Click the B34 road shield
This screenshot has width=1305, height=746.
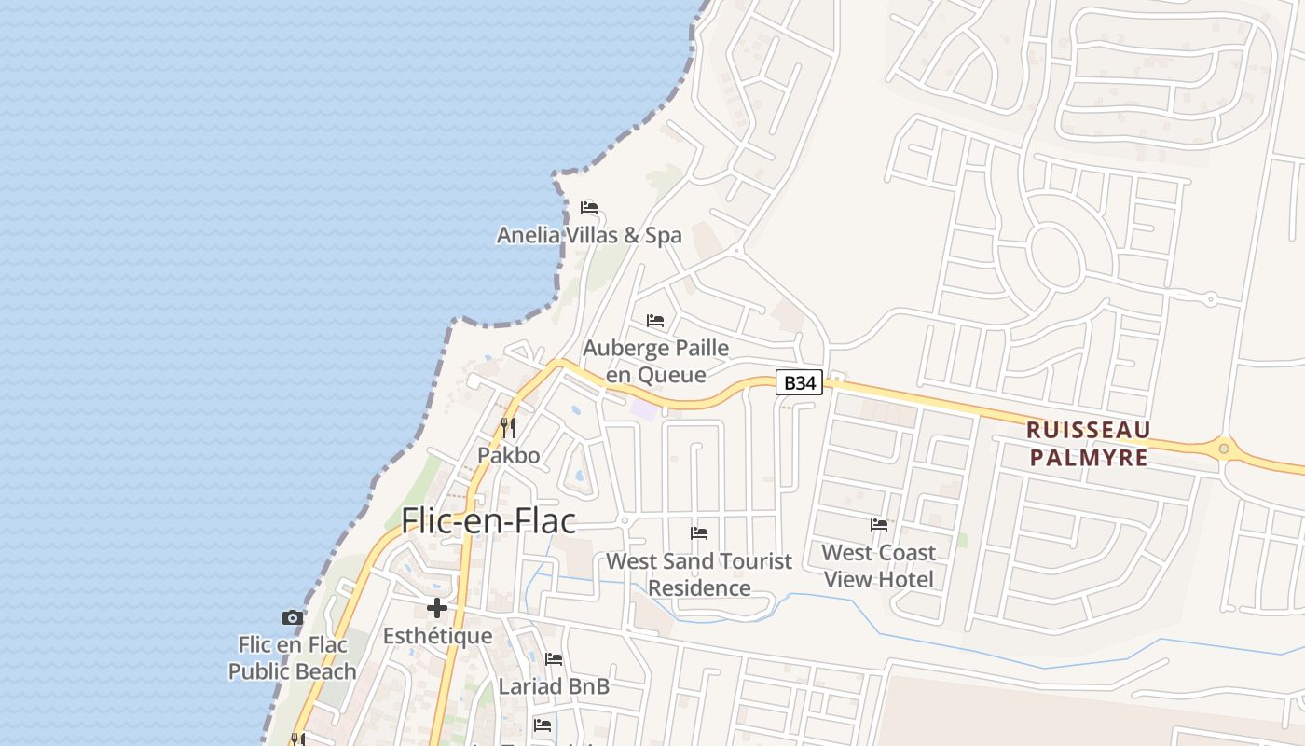[799, 382]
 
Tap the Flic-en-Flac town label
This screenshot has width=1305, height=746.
[488, 520]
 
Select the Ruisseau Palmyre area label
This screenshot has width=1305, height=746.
[1088, 444]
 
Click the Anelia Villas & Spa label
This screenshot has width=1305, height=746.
[589, 235]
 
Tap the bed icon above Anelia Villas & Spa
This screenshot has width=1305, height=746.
[589, 207]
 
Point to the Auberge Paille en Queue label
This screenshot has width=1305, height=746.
[655, 361]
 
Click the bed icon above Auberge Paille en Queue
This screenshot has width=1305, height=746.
[655, 321]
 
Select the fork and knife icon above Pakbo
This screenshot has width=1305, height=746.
[508, 428]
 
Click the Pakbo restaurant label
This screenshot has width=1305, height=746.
[508, 455]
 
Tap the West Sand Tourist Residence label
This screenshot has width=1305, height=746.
[699, 574]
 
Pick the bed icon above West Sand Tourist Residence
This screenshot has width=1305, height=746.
[699, 533]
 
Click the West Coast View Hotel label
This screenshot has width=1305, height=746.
[878, 565]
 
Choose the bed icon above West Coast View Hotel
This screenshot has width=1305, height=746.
[878, 525]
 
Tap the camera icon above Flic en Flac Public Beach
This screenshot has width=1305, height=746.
[293, 617]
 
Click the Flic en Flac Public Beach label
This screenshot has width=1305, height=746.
[293, 657]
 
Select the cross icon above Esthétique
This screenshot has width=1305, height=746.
[437, 609]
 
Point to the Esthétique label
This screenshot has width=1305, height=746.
[437, 636]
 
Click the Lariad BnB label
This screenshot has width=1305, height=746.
[554, 686]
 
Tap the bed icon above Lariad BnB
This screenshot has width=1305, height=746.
[554, 659]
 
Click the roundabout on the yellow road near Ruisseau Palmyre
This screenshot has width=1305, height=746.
[1224, 449]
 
